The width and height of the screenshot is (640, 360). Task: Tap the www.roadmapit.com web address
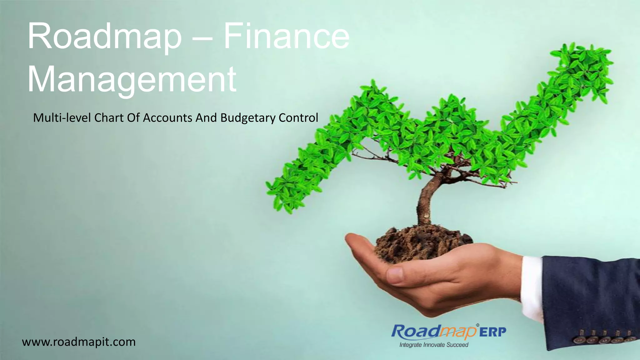pyautogui.click(x=79, y=342)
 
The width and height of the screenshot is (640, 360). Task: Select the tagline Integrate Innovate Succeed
pyautogui.click(x=434, y=345)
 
